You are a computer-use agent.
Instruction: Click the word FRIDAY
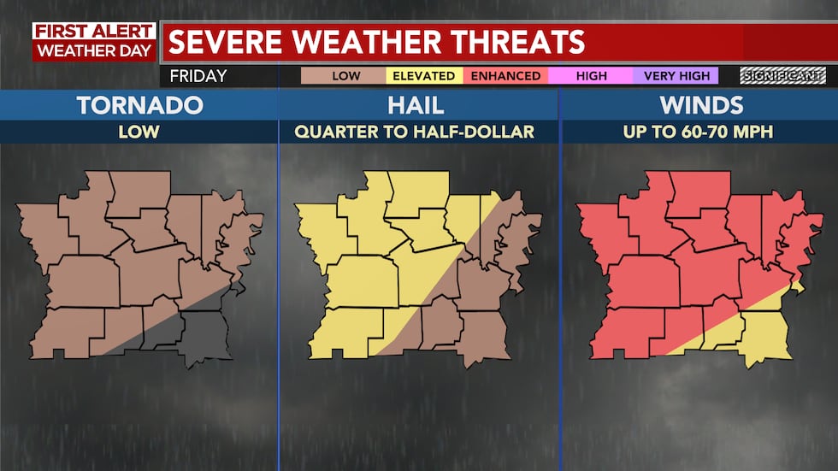198,76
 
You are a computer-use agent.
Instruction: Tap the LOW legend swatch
345,76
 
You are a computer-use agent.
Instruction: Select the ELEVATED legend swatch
423,76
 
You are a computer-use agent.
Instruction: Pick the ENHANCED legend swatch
506,76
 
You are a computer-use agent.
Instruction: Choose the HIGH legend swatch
591,76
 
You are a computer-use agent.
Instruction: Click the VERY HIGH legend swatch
676,76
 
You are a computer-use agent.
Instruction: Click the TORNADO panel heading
139,105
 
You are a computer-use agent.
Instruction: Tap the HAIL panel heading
418,105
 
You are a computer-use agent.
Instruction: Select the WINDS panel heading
698,105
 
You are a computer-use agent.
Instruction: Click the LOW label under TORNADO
139,132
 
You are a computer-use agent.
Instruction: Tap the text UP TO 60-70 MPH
698,132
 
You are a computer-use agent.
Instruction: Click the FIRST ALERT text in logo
94,32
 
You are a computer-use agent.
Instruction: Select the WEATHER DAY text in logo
94,50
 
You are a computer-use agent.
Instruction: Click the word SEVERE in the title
233,42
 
